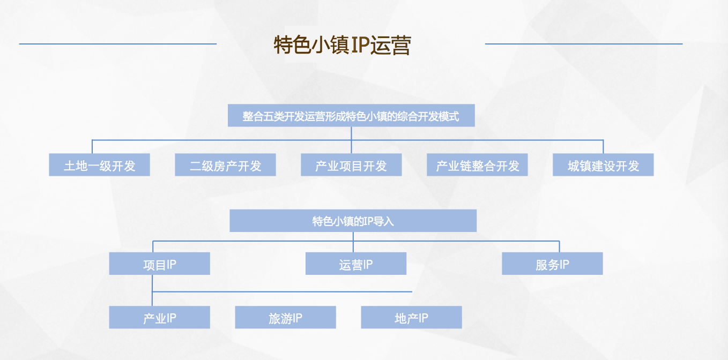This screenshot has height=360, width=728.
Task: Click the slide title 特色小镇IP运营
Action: (x=343, y=45)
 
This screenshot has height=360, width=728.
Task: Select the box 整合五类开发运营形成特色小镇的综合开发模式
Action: (x=351, y=115)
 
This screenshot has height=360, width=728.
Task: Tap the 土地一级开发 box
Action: (x=100, y=164)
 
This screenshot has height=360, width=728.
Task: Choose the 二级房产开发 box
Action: (x=225, y=164)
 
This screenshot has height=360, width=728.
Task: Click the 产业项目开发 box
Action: (x=351, y=164)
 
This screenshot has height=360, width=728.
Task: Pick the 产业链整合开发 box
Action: (x=477, y=164)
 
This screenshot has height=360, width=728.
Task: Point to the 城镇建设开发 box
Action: (x=603, y=164)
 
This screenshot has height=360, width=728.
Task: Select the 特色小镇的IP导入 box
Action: (x=353, y=221)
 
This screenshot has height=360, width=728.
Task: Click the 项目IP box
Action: (x=160, y=264)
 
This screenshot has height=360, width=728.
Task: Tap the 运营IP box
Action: (x=356, y=264)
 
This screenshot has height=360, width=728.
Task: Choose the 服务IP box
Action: (x=552, y=264)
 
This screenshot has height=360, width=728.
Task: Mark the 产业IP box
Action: (x=160, y=317)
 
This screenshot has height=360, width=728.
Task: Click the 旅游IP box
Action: (x=285, y=317)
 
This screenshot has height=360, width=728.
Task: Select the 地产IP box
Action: (x=412, y=317)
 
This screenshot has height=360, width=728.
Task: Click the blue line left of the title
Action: (x=117, y=44)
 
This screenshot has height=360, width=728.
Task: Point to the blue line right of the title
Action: (x=584, y=44)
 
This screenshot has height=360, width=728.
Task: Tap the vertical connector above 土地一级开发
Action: (x=92, y=147)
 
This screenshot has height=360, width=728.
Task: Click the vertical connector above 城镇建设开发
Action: (x=603, y=147)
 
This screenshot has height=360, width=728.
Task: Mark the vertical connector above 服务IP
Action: (x=559, y=246)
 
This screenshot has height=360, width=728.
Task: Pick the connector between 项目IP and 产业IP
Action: (x=152, y=290)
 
